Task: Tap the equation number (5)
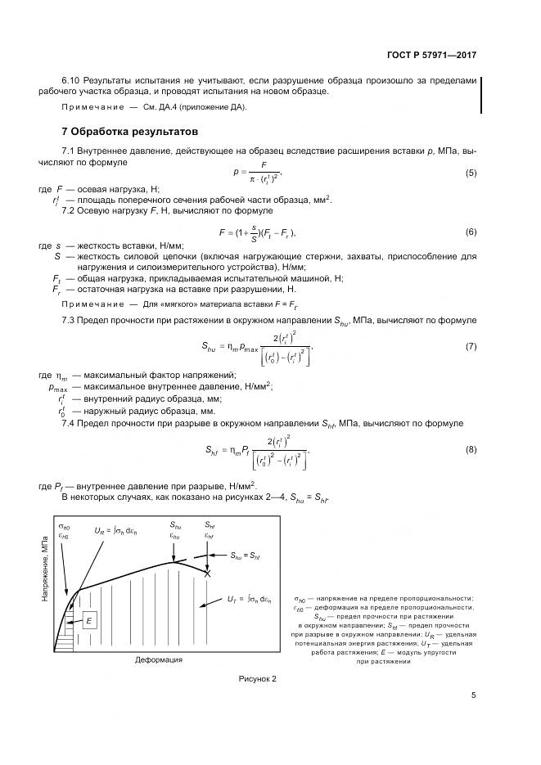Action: click(471, 173)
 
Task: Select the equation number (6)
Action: click(471, 232)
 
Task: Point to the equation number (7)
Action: click(471, 346)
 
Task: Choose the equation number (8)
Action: click(471, 450)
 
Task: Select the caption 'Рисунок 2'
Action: click(258, 680)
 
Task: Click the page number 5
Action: click(473, 696)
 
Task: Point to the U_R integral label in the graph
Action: click(119, 530)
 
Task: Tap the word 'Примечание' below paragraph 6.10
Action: click(92, 108)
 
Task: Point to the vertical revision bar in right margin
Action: click(481, 94)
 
